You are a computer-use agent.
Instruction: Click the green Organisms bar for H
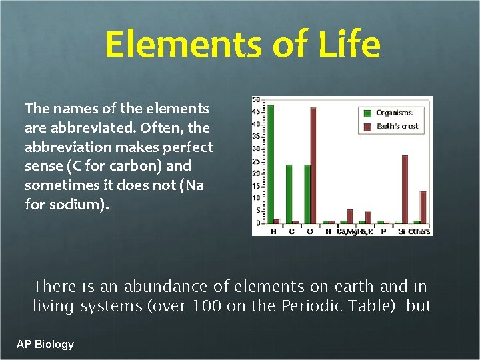pos(271,163)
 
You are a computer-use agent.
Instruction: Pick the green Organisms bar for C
pos(289,193)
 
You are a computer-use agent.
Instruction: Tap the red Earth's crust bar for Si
pos(405,189)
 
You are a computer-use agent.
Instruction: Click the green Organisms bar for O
pos(307,193)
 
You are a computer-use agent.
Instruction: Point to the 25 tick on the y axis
pos(256,161)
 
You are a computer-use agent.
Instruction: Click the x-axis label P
pos(383,231)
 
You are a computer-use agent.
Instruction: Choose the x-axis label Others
pos(419,231)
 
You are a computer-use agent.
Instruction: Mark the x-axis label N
pos(328,231)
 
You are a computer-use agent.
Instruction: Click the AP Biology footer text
pos(45,344)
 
